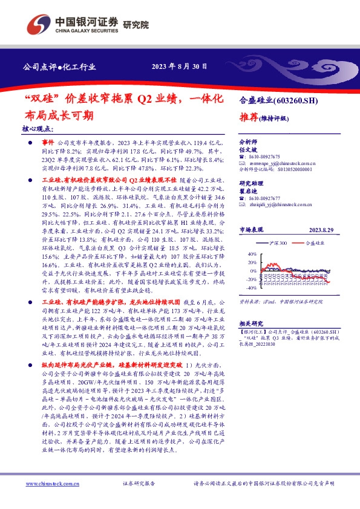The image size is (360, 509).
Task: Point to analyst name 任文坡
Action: click(x=248, y=147)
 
